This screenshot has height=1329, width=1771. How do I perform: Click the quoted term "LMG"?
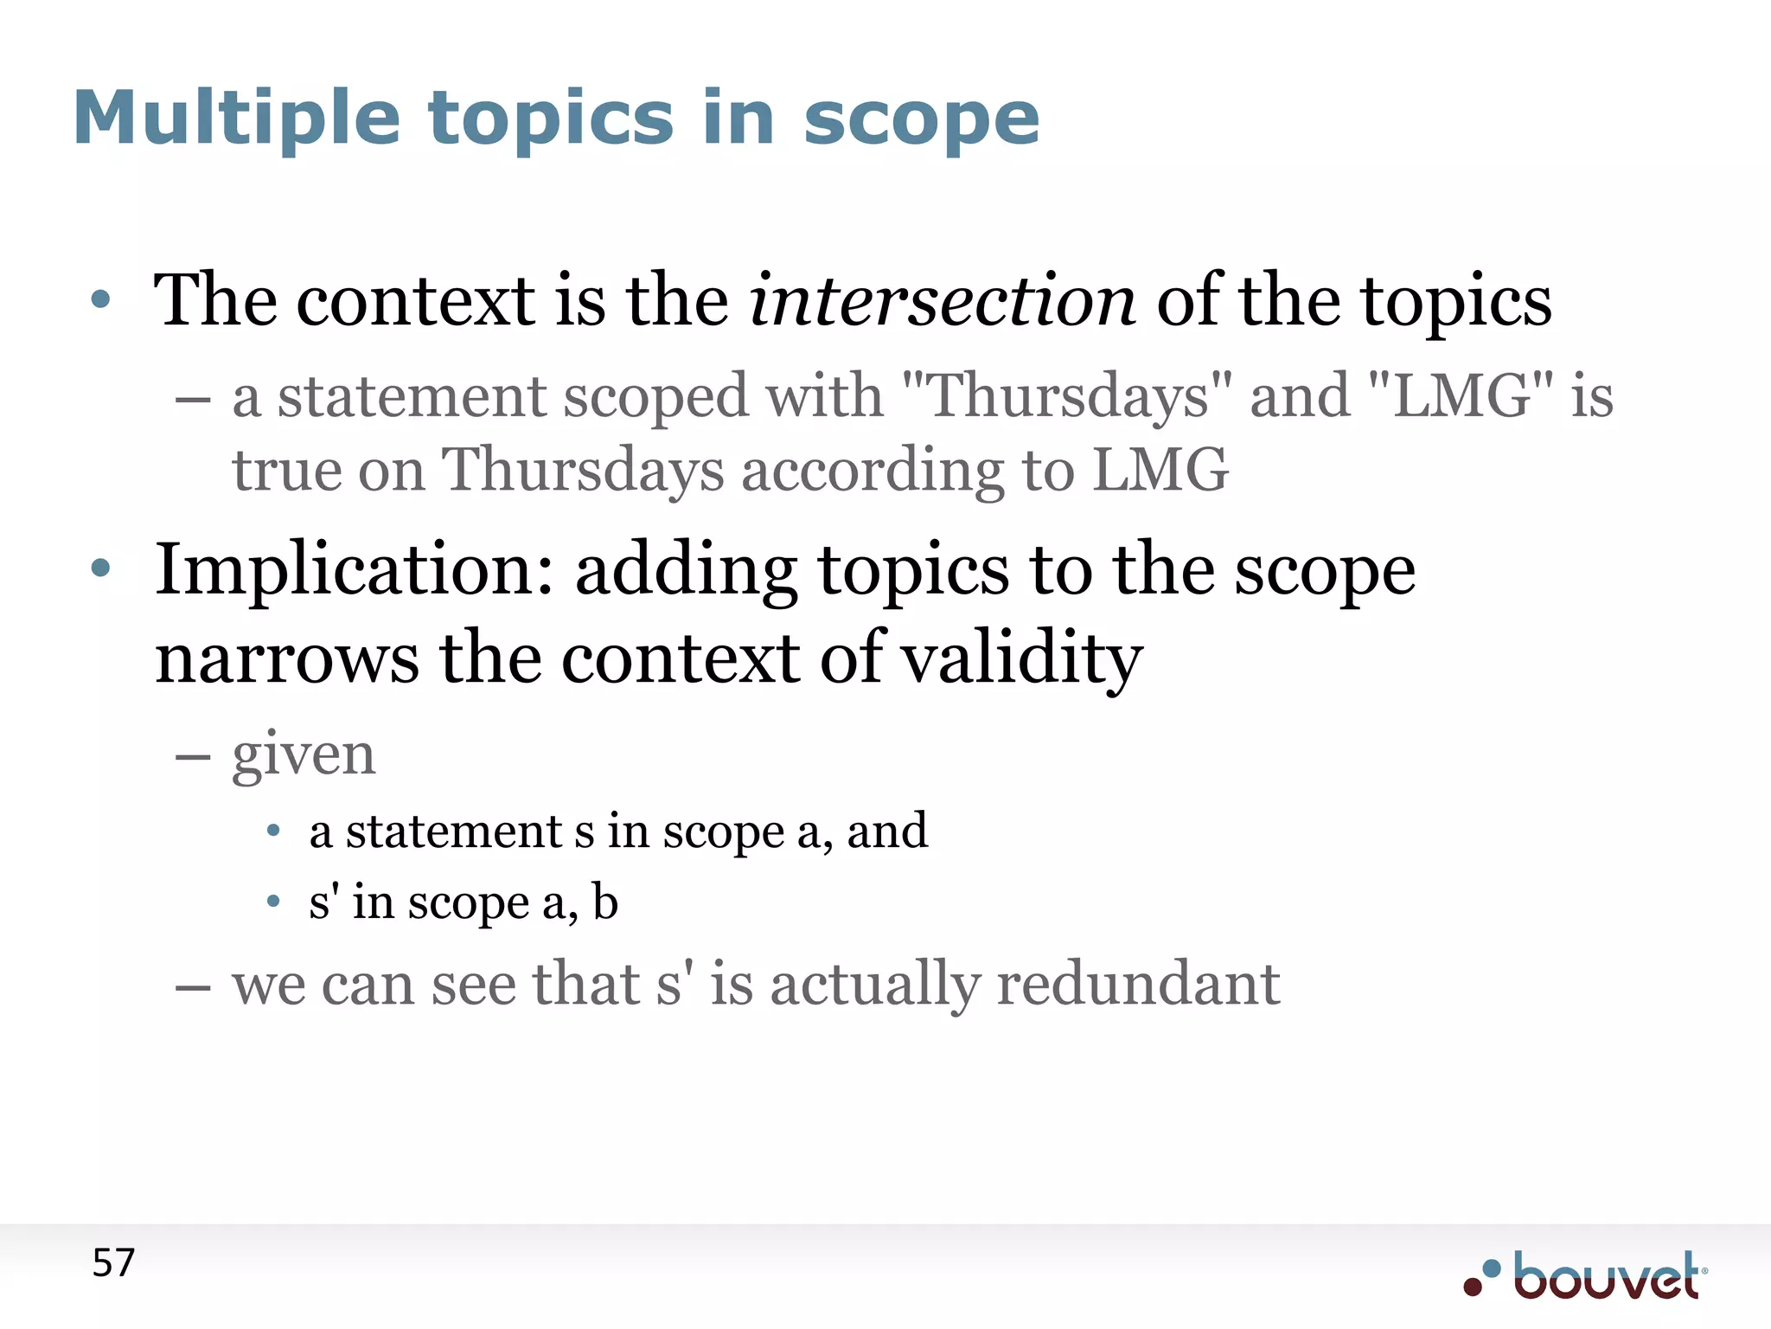[1461, 396]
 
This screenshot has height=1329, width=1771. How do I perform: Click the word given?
[304, 754]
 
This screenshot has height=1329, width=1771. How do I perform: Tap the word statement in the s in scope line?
[453, 831]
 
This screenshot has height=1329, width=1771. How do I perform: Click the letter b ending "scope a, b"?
[605, 902]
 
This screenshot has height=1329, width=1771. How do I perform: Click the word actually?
[874, 986]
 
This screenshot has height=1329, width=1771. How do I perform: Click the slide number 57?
[113, 1263]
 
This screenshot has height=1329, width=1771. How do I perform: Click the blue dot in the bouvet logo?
[1491, 1269]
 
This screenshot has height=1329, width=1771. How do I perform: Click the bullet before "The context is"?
[101, 300]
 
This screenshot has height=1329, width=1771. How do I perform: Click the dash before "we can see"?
[192, 987]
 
